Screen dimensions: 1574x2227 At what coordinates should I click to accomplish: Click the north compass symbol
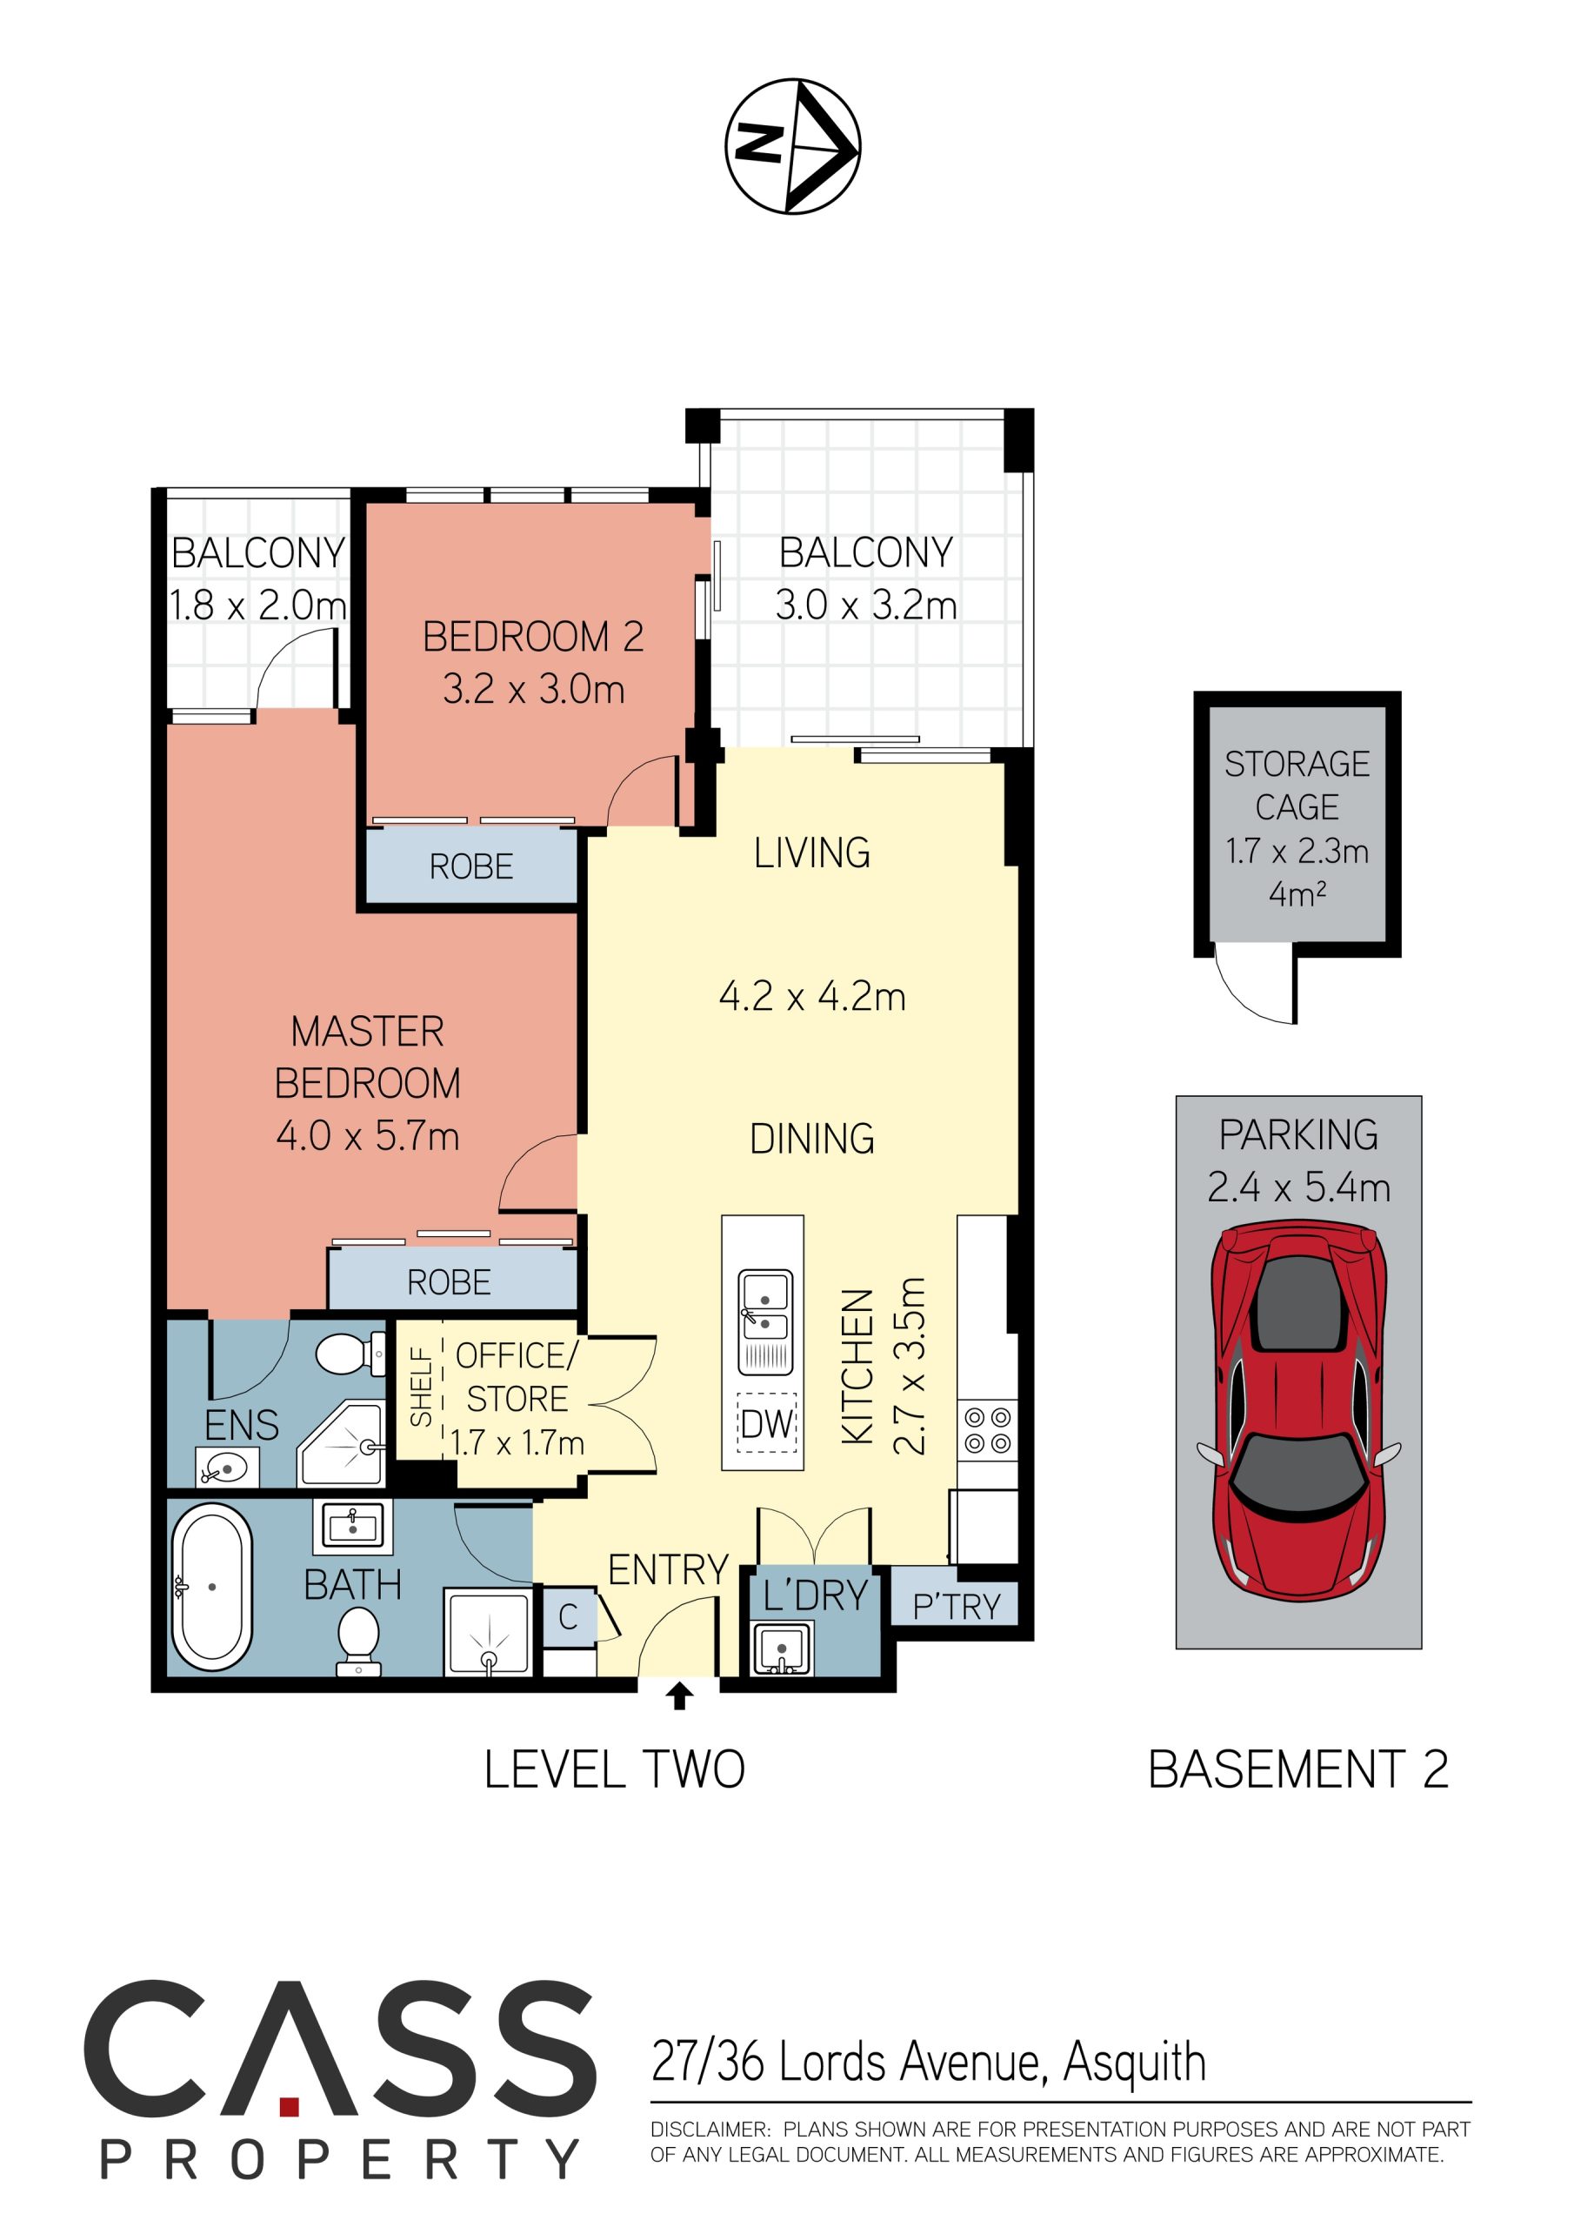[792, 145]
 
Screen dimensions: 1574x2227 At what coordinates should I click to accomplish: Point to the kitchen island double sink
[765, 1322]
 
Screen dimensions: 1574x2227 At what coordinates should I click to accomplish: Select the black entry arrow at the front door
[680, 1695]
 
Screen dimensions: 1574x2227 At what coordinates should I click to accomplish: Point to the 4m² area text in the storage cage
[1297, 893]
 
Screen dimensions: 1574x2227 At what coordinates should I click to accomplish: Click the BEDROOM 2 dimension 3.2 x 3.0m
[533, 689]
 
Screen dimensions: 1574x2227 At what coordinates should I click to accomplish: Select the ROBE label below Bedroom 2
[471, 866]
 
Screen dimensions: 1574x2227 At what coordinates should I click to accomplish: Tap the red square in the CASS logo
[289, 2106]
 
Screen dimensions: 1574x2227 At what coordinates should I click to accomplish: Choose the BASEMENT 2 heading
[1297, 1769]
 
